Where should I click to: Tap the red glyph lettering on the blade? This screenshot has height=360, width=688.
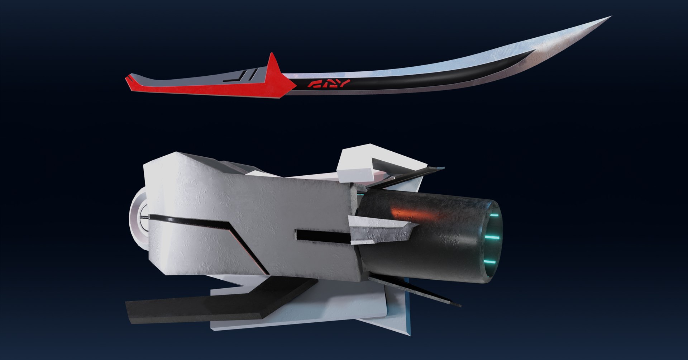(329, 84)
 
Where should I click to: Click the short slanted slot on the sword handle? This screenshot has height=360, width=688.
(253, 75)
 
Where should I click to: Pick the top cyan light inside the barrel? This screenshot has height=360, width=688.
(494, 216)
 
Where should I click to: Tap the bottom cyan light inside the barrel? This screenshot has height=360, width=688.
(491, 262)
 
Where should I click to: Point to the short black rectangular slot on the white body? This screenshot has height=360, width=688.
(322, 235)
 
